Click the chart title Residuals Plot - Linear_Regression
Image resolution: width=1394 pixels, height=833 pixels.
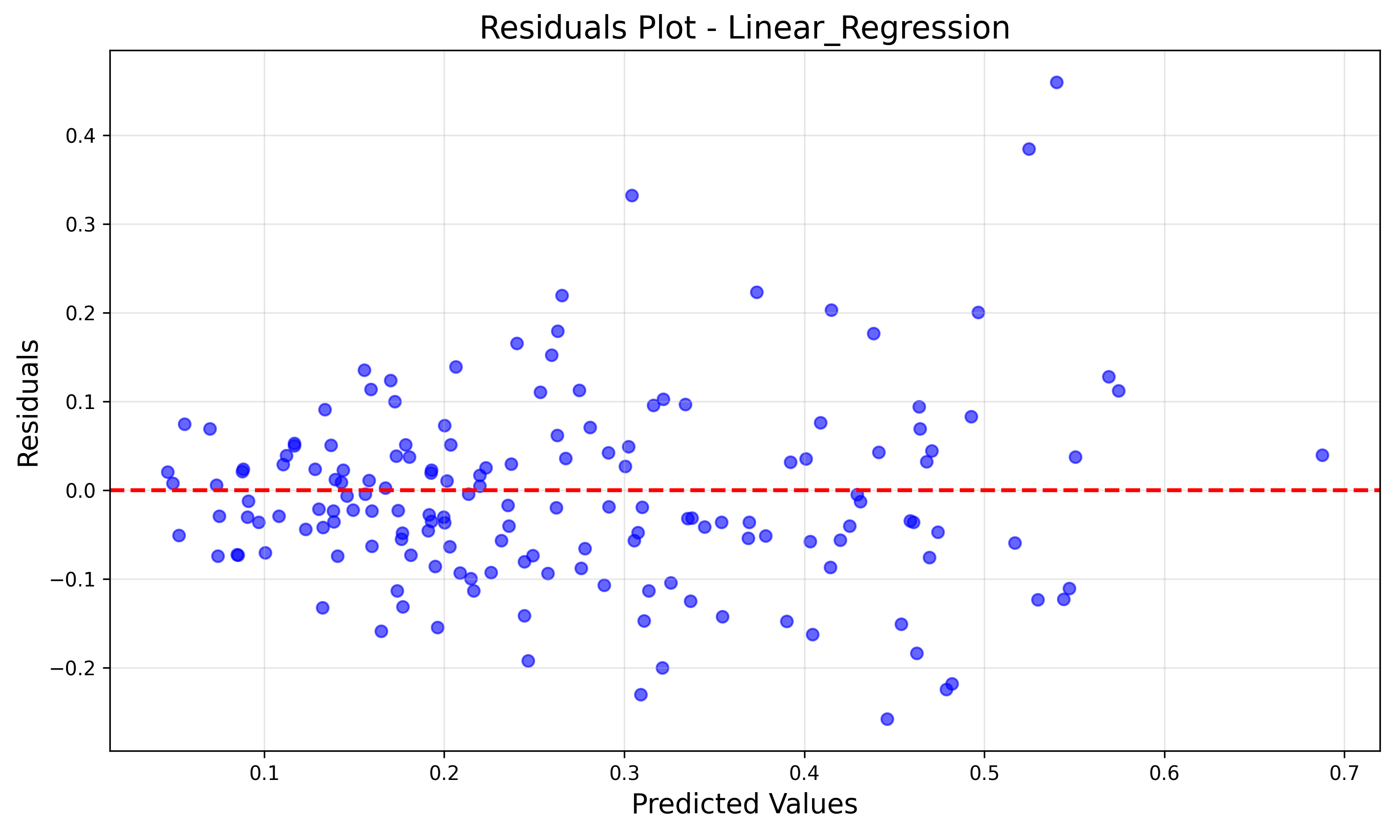pos(744,28)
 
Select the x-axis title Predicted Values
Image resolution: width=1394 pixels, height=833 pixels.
pos(744,804)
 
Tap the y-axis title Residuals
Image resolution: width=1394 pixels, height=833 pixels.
pos(28,403)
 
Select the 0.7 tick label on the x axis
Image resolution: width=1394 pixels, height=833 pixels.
pos(1344,774)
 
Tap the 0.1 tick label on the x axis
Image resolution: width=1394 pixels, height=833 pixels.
pos(264,774)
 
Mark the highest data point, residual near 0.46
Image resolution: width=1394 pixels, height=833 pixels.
pos(1057,83)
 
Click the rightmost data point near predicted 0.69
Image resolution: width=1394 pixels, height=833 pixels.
pos(1322,455)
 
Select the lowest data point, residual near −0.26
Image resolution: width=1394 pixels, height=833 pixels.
pos(887,719)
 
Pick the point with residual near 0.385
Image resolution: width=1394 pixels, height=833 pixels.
pos(1029,149)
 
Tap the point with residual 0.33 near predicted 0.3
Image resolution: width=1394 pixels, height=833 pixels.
pos(632,195)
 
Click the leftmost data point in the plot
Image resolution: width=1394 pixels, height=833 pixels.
pos(168,472)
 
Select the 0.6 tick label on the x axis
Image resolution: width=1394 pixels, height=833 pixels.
pos(1164,774)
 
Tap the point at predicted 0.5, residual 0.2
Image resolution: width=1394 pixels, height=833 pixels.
pos(978,313)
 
